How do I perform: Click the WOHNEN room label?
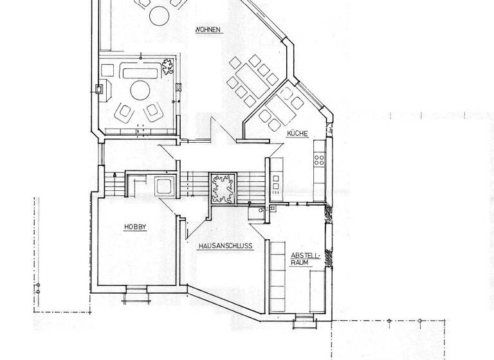point(210,30)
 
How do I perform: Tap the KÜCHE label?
point(298,134)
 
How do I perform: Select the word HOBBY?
point(136,227)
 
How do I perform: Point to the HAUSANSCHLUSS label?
point(225,246)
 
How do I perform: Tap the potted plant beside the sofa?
point(169,67)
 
